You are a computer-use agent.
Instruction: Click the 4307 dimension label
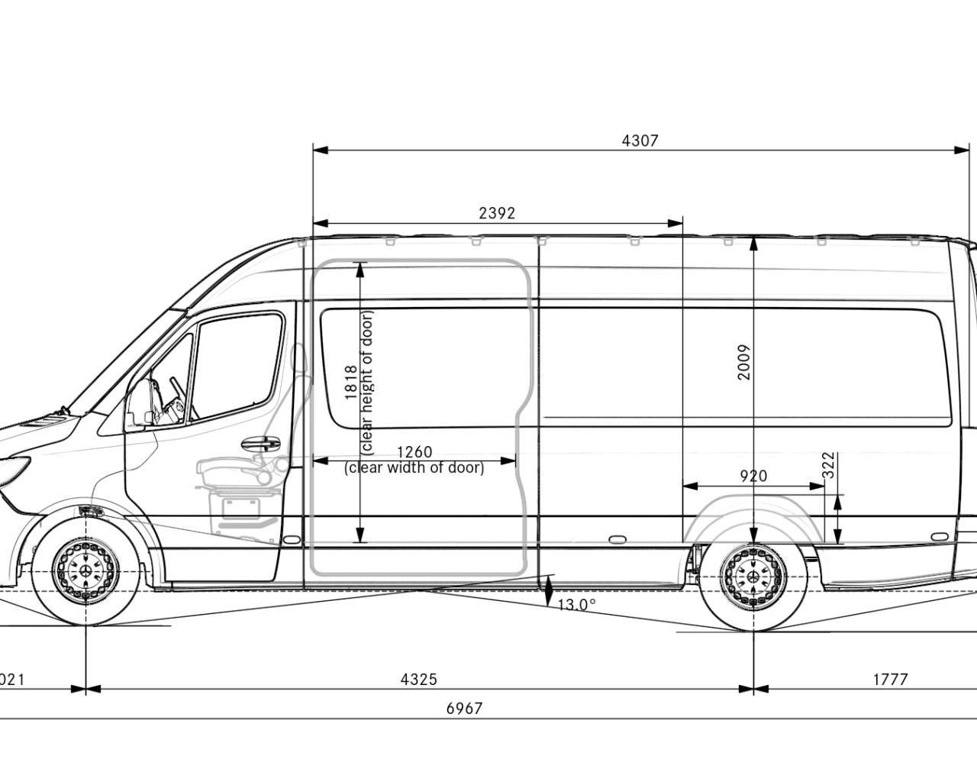point(640,141)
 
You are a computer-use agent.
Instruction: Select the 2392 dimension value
point(497,213)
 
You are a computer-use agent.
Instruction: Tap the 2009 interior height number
point(744,362)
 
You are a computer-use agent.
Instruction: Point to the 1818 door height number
point(351,382)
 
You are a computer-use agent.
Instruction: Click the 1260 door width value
point(414,452)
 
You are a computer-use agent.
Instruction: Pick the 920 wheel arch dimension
point(753,476)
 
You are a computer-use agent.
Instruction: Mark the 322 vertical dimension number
point(829,466)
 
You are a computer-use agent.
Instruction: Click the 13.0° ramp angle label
point(576,605)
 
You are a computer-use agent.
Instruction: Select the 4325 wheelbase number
point(419,679)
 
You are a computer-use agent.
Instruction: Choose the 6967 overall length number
point(464,709)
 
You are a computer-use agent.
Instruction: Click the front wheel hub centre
point(86,572)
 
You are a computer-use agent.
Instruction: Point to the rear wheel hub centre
point(754,577)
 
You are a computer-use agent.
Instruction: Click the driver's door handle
point(260,443)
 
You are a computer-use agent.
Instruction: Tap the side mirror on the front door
point(140,405)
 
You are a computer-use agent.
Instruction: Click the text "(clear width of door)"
point(414,467)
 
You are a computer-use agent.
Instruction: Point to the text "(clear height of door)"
point(367,382)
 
